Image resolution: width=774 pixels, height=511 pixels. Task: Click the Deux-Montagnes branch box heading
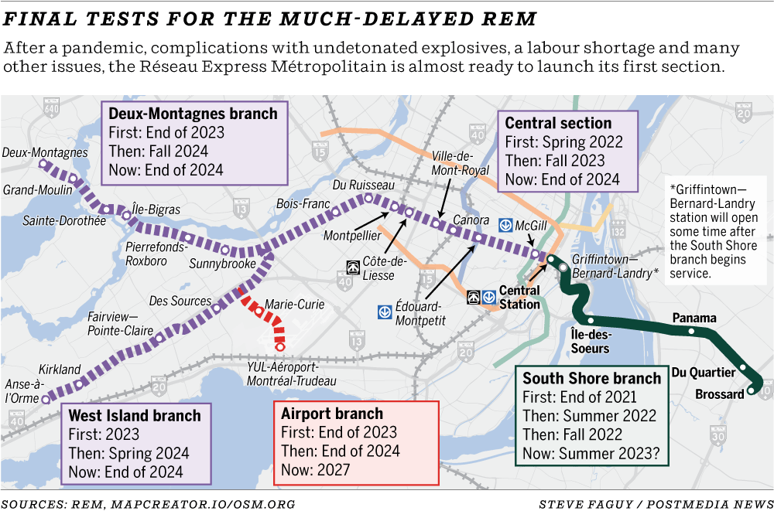tap(193, 114)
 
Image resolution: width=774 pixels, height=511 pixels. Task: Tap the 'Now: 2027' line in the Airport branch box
tap(315, 469)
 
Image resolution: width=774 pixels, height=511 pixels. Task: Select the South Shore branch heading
tap(591, 378)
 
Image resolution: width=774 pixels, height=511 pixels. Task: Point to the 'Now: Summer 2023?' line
tap(595, 455)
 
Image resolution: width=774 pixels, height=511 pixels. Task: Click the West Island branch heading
tap(134, 415)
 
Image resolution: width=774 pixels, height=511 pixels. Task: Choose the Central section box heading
tap(558, 123)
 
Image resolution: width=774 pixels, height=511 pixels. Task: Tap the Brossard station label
tap(719, 394)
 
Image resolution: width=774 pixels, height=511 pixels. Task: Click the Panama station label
tap(694, 319)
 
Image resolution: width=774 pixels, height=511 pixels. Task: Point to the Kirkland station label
tap(59, 370)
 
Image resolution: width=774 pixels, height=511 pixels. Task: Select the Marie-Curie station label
tap(295, 305)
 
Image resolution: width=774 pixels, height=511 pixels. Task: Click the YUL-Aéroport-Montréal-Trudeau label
tap(292, 373)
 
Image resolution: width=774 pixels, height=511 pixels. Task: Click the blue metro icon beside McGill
tap(505, 224)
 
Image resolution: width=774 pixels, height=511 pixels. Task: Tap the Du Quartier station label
tap(703, 373)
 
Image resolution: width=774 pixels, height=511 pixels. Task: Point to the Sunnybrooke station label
tap(222, 264)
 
